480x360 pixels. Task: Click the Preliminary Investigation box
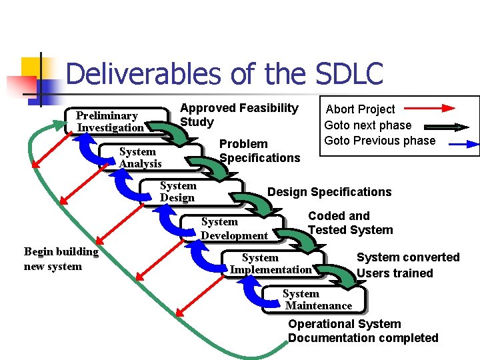pos(110,121)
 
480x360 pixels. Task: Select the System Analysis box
pos(141,157)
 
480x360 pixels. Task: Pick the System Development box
pos(234,229)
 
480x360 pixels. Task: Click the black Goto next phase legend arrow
pos(447,125)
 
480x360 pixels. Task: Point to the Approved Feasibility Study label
pos(239,115)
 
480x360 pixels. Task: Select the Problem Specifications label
pos(259,151)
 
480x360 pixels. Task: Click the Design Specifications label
pos(329,192)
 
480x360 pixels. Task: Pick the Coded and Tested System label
pos(350,223)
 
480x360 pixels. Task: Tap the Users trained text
pos(395,273)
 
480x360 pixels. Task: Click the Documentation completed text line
pos(363,338)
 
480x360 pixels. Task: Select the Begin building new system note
pos(61,259)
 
